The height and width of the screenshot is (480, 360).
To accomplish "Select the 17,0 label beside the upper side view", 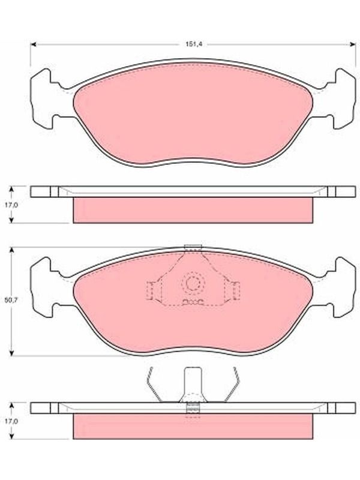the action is click(x=11, y=205).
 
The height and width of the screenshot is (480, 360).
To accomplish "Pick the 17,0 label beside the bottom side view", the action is click(x=11, y=421).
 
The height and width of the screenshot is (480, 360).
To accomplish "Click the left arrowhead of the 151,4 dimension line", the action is click(x=34, y=44).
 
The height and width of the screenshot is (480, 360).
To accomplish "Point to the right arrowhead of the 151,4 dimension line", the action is click(x=353, y=44).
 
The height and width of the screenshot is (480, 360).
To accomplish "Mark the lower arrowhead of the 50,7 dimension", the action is click(x=12, y=353).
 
